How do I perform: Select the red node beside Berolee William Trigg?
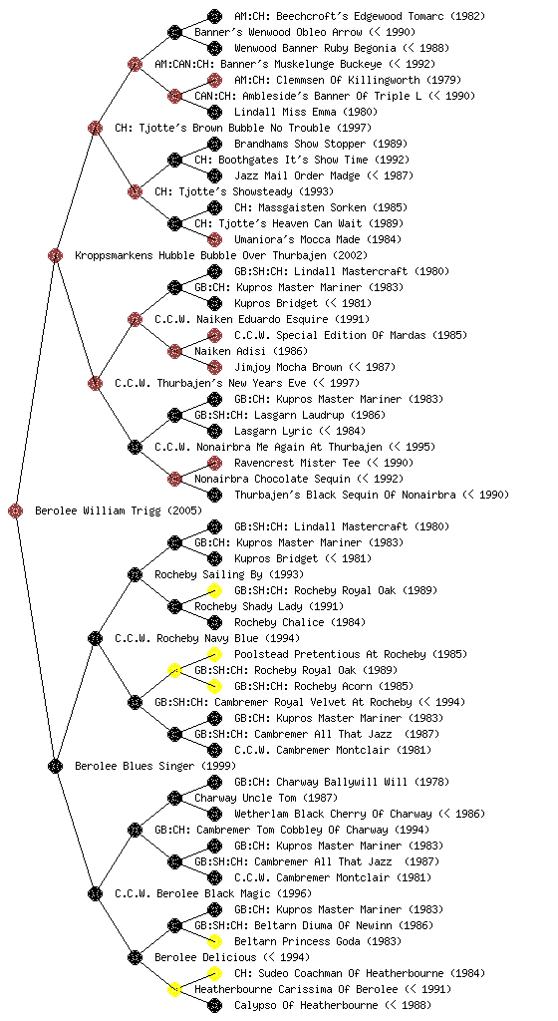16,511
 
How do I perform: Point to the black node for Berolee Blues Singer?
55,767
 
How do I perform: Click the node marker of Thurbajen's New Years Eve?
95,384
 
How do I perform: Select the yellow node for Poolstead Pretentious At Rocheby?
214,654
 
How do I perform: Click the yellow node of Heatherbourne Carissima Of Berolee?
174,990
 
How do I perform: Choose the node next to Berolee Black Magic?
95,894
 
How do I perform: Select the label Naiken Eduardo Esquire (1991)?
262,320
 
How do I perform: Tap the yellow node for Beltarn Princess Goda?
214,941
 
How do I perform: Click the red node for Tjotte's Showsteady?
135,192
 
